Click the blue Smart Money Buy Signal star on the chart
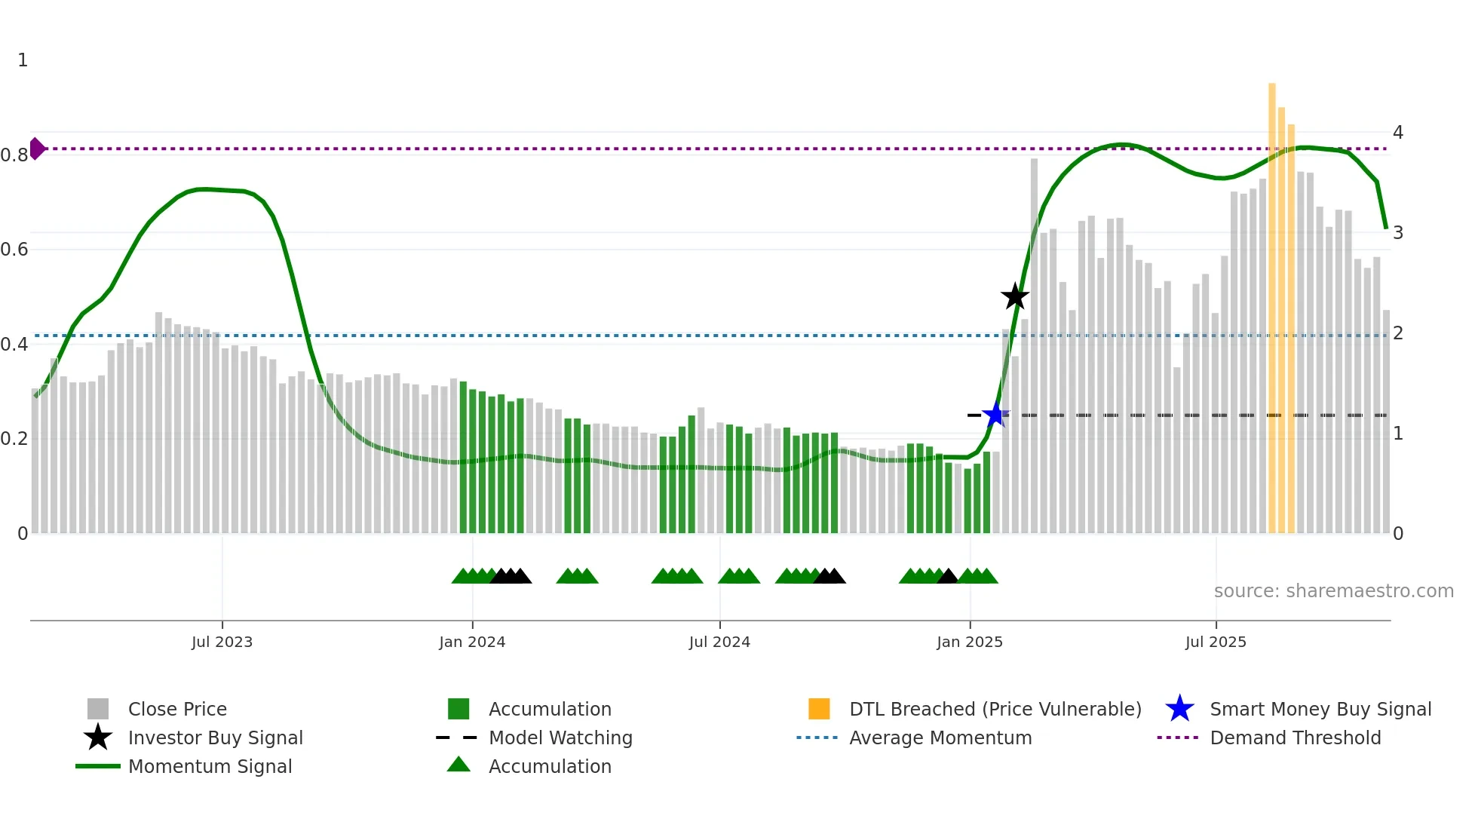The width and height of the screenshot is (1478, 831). (x=995, y=414)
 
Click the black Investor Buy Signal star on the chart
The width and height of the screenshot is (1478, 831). (x=1015, y=296)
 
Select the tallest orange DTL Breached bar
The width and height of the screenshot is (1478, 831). (x=1272, y=302)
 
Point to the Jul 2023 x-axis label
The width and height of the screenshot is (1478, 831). (x=222, y=642)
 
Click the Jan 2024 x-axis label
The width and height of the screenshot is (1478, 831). (x=472, y=642)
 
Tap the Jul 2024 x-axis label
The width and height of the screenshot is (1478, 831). (x=719, y=642)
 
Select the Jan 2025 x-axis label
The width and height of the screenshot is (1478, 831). (x=970, y=642)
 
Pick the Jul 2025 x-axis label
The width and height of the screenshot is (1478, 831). (x=1216, y=642)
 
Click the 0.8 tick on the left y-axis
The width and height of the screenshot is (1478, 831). (x=15, y=155)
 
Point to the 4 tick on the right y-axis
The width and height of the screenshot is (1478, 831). (x=1398, y=133)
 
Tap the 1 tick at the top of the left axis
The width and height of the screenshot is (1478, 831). (x=23, y=60)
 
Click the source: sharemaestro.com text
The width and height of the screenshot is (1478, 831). (x=1333, y=591)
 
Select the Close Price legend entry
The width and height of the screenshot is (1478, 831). (x=177, y=709)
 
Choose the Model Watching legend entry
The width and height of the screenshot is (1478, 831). (x=560, y=737)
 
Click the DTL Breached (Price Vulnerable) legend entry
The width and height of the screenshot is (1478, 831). (x=995, y=709)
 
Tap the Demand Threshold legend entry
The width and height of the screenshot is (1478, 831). (x=1295, y=737)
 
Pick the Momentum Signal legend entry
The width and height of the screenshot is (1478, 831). (x=210, y=766)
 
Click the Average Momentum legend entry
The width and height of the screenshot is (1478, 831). (x=940, y=737)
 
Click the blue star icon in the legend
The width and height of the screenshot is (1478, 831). (x=1179, y=709)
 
